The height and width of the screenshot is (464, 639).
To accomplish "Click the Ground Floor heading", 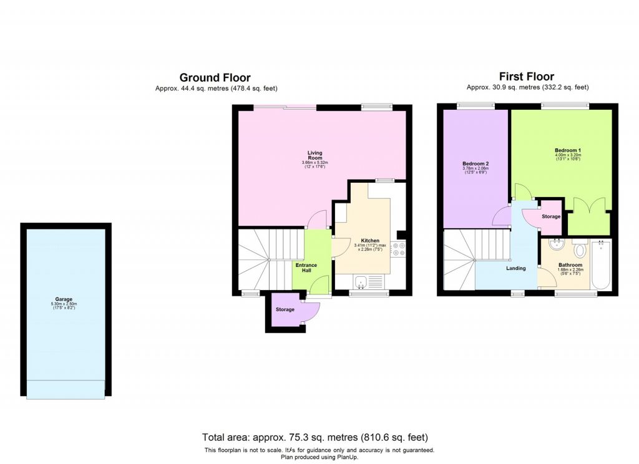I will pyautogui.click(x=215, y=78).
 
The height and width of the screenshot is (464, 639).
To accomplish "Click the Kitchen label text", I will pyautogui.click(x=370, y=241).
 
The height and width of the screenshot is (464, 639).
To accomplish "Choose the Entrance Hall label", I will pyautogui.click(x=306, y=268).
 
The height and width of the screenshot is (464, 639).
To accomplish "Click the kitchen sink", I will pyautogui.click(x=360, y=283).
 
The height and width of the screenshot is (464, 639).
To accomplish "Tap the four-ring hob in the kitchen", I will pyautogui.click(x=400, y=249).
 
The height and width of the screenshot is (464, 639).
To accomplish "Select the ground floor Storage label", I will pyautogui.click(x=285, y=309).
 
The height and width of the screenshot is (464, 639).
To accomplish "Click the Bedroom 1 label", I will pyautogui.click(x=568, y=150).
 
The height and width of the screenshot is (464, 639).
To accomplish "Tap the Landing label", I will pyautogui.click(x=516, y=268).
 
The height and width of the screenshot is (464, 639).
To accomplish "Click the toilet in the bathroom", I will pyautogui.click(x=580, y=249).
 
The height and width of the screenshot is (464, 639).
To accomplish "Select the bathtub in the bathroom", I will pyautogui.click(x=601, y=265).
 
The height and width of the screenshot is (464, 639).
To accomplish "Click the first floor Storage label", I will pyautogui.click(x=550, y=216).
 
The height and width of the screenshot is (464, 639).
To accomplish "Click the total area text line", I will pyautogui.click(x=315, y=437).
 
